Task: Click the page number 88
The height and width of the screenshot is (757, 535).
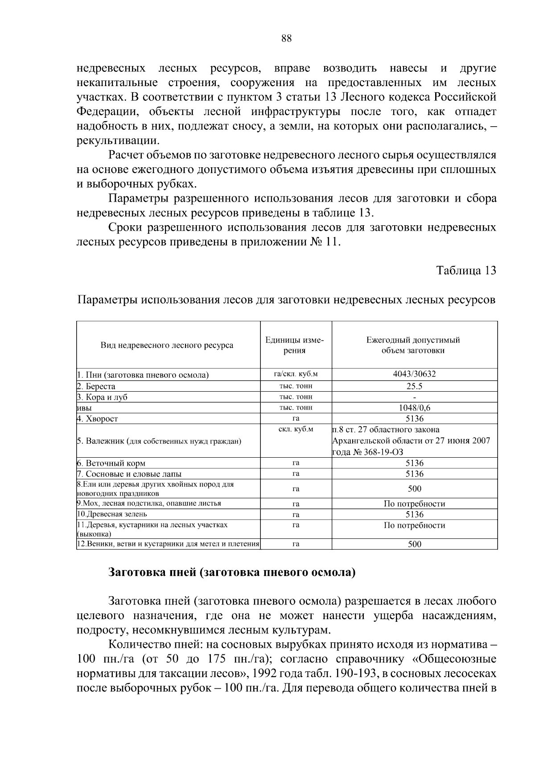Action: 286,39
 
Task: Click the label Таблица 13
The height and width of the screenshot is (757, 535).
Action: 466,271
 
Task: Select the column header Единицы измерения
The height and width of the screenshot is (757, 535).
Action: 295,345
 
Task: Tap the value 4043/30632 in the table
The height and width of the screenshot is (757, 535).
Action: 414,374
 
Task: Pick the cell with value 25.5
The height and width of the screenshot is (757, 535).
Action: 414,386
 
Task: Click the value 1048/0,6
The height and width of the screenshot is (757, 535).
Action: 414,408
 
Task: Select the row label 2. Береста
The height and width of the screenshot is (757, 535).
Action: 96,386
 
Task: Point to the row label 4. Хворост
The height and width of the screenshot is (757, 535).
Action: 98,419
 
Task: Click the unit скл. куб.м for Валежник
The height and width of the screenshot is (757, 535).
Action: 295,430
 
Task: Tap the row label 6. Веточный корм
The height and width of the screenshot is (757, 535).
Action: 111,463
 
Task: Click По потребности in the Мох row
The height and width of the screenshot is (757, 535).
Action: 414,504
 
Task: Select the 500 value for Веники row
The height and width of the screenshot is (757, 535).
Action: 414,544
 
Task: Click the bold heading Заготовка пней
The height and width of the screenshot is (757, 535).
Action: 232,572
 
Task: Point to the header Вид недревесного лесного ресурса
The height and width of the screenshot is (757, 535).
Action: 167,345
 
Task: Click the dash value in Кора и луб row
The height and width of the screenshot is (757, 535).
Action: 414,397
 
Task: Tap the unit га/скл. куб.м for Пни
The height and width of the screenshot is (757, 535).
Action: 295,374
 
